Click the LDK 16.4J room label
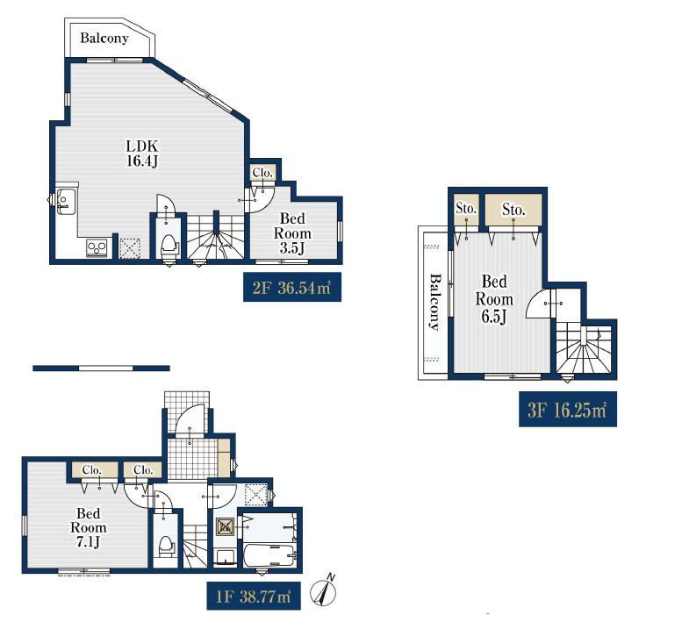142,153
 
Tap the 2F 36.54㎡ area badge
292,287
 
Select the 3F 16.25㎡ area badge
568,409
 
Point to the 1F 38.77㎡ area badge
254,596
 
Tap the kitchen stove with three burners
97,247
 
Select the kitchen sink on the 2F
66,202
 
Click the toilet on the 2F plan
169,245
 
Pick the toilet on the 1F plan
166,547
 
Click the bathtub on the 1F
270,555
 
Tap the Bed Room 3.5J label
292,233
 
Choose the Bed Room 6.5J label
494,299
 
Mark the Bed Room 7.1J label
89,527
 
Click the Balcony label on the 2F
104,39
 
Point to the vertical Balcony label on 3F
435,302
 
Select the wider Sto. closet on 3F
513,210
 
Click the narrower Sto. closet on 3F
466,210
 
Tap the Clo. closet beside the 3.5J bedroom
262,173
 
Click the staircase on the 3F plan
584,347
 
